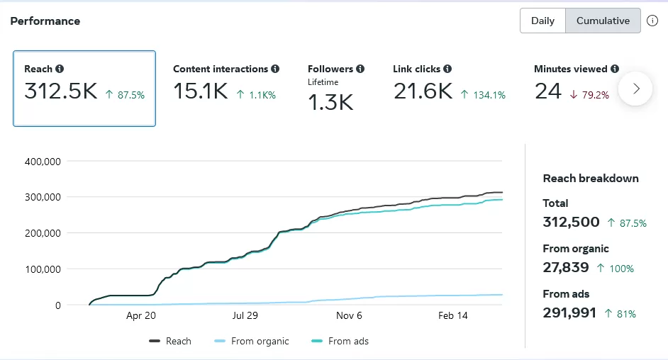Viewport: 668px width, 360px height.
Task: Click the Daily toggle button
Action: click(x=542, y=21)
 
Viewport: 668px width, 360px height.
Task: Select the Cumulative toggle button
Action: click(x=603, y=21)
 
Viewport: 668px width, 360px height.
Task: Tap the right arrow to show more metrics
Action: click(x=635, y=89)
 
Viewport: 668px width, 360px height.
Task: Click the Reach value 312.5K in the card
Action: click(x=60, y=91)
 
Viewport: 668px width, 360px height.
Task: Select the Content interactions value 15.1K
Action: click(x=200, y=91)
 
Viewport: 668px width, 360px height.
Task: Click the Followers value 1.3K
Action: click(x=330, y=103)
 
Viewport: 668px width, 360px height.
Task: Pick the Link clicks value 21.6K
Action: click(x=422, y=91)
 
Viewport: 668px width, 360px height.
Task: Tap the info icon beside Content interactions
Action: click(x=275, y=69)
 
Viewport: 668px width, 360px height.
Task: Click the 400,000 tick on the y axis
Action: click(x=43, y=161)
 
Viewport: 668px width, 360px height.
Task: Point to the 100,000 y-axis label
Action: click(x=43, y=269)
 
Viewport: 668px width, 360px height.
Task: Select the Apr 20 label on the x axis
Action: click(x=140, y=316)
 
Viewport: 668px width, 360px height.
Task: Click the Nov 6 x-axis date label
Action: click(x=349, y=316)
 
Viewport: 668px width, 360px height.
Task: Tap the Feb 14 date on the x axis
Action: click(x=453, y=316)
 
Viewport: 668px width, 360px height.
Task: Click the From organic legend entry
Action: click(x=252, y=341)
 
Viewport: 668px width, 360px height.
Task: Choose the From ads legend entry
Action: click(x=340, y=341)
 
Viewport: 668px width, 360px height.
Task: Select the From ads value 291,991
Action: click(x=569, y=313)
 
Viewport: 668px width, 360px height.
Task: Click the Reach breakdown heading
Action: click(x=591, y=179)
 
